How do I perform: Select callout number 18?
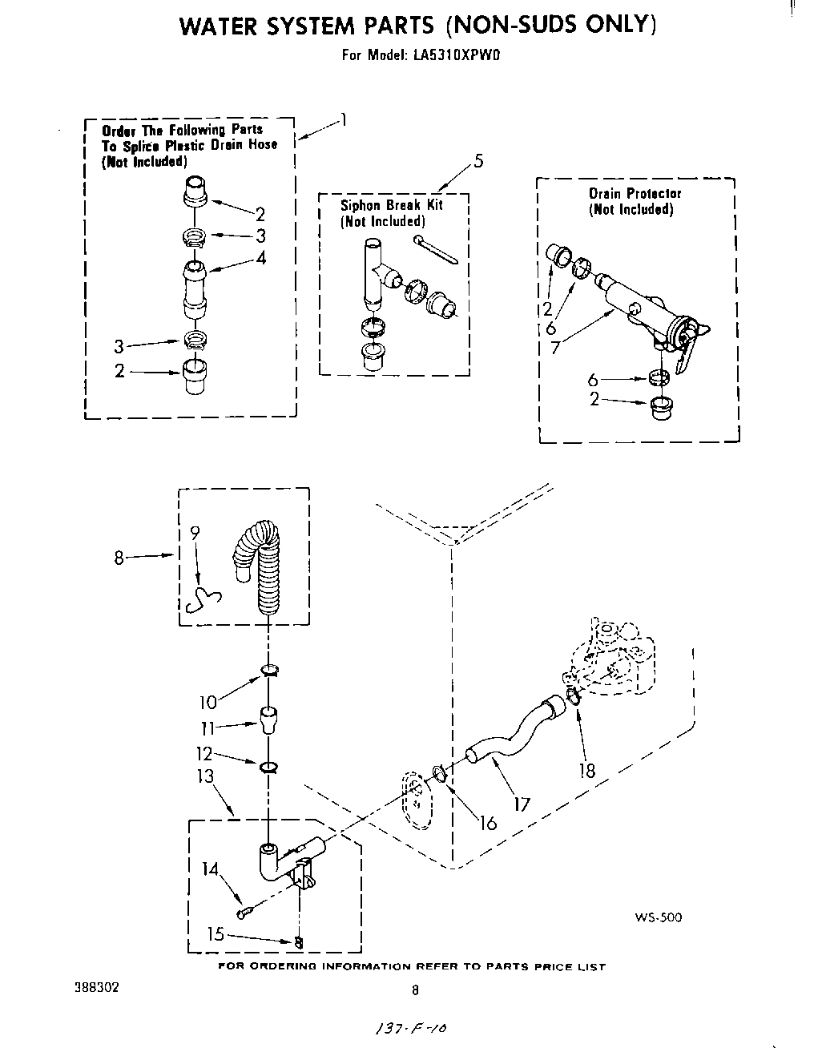(587, 770)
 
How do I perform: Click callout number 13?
(206, 776)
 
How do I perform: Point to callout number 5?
(478, 160)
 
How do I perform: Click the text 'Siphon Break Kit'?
(392, 205)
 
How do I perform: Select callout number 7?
(556, 347)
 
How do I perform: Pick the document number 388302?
(96, 987)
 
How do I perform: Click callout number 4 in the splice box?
(260, 258)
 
